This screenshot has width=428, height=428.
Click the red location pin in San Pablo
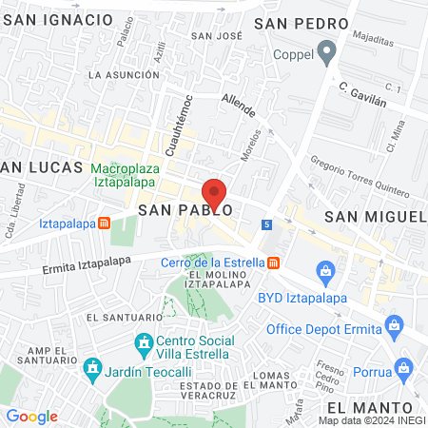tap(215, 194)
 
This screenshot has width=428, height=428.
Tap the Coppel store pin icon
tap(329, 52)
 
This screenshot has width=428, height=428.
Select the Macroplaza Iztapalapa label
tap(125, 176)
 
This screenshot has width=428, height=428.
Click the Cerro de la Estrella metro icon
tap(274, 263)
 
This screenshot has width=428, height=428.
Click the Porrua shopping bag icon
tap(402, 366)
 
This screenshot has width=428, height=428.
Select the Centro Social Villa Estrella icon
tap(144, 341)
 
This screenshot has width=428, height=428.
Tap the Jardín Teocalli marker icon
tap(92, 366)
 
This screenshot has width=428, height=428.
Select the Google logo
tap(31, 416)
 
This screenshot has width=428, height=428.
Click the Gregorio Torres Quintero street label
tap(359, 172)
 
